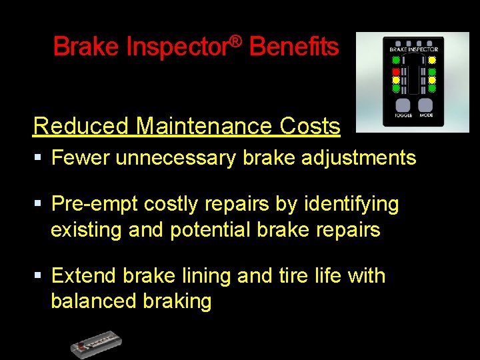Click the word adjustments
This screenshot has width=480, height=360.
(x=357, y=158)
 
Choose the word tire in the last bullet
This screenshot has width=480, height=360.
(x=296, y=275)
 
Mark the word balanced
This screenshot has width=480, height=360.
(x=93, y=301)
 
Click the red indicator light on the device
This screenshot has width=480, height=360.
(x=396, y=71)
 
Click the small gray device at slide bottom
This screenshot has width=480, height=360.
(x=97, y=343)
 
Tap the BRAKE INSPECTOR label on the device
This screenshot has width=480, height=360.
(x=413, y=49)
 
